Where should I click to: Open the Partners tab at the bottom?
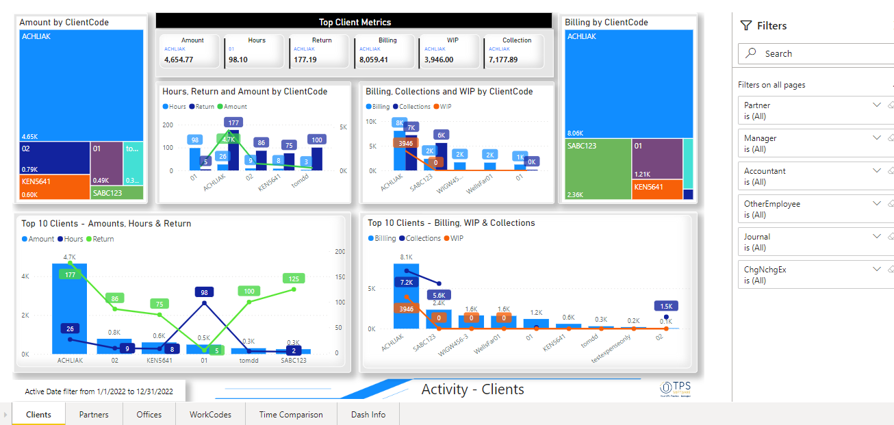94,414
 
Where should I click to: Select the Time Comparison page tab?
290,414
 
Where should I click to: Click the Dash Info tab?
368,414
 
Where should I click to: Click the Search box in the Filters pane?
815,53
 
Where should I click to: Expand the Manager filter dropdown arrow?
877,138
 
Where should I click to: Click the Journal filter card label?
757,237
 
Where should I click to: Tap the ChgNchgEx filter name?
765,270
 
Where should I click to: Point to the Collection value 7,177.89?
503,60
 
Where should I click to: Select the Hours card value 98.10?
238,60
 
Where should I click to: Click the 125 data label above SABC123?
294,279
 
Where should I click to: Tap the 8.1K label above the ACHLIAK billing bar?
406,257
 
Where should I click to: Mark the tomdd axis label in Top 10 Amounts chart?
249,360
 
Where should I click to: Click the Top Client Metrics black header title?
354,22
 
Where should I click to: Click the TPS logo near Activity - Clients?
675,388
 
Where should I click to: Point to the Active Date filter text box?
99,391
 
